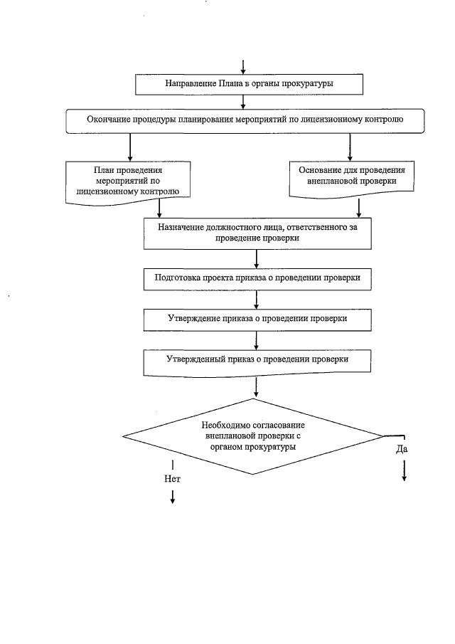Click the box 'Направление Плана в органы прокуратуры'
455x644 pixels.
tap(250, 84)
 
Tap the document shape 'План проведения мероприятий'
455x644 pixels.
tap(129, 181)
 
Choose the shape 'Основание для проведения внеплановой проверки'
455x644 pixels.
tap(352, 176)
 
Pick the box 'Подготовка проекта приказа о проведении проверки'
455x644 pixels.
tap(257, 278)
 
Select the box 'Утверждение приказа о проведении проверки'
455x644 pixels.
tap(257, 319)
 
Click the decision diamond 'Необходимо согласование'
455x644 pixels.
tap(254, 436)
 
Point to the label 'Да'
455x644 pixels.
tap(402, 450)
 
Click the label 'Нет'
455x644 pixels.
tap(172, 479)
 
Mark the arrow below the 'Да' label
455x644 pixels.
tap(404, 470)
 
